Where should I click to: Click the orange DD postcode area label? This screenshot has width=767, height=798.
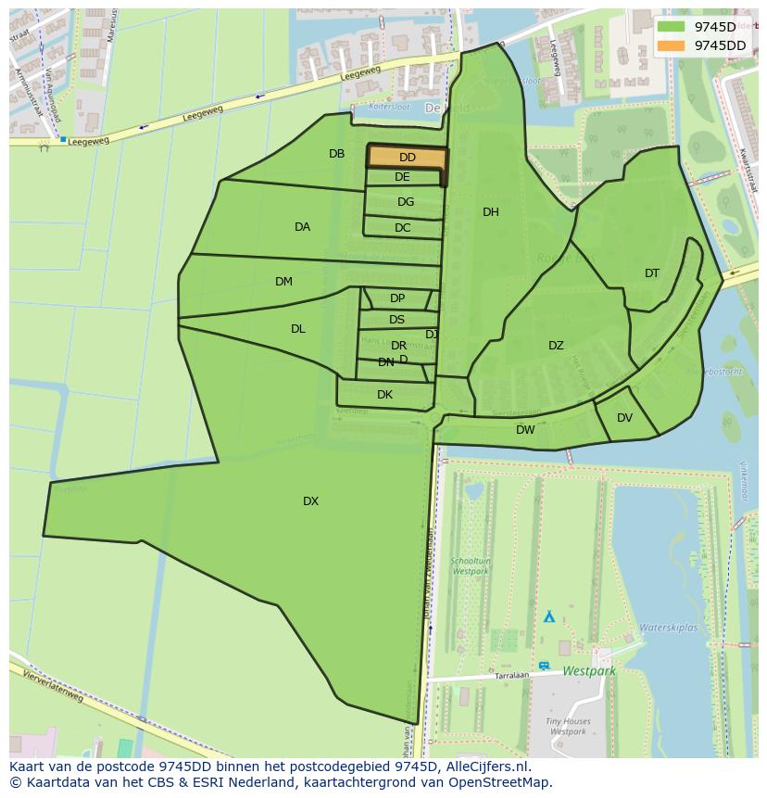coord(408,158)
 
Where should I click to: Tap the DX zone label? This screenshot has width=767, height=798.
coord(310,501)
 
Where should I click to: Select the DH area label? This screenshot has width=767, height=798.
coord(491,212)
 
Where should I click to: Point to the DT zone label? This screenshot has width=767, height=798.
coord(652,273)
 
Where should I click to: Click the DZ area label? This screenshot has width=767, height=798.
coord(556,346)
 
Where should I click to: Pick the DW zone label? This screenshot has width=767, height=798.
coord(525,430)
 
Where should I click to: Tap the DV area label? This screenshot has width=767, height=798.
coord(624,418)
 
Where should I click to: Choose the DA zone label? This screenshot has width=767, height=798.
coord(302,227)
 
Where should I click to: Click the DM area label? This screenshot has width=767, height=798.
coord(283,282)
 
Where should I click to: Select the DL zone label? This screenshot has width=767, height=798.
coord(297,329)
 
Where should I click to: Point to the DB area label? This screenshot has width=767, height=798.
coord(336,154)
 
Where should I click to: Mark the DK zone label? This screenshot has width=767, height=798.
coord(384,395)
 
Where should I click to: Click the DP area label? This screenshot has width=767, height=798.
coord(397,298)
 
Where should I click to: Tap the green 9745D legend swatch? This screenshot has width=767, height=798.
coord(671,27)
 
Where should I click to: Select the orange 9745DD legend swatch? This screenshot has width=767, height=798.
coord(671,45)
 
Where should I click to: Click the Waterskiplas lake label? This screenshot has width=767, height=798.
coord(668,627)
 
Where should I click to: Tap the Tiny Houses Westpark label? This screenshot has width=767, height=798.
coord(568,726)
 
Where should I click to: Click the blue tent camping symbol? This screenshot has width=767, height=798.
coord(549,615)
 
